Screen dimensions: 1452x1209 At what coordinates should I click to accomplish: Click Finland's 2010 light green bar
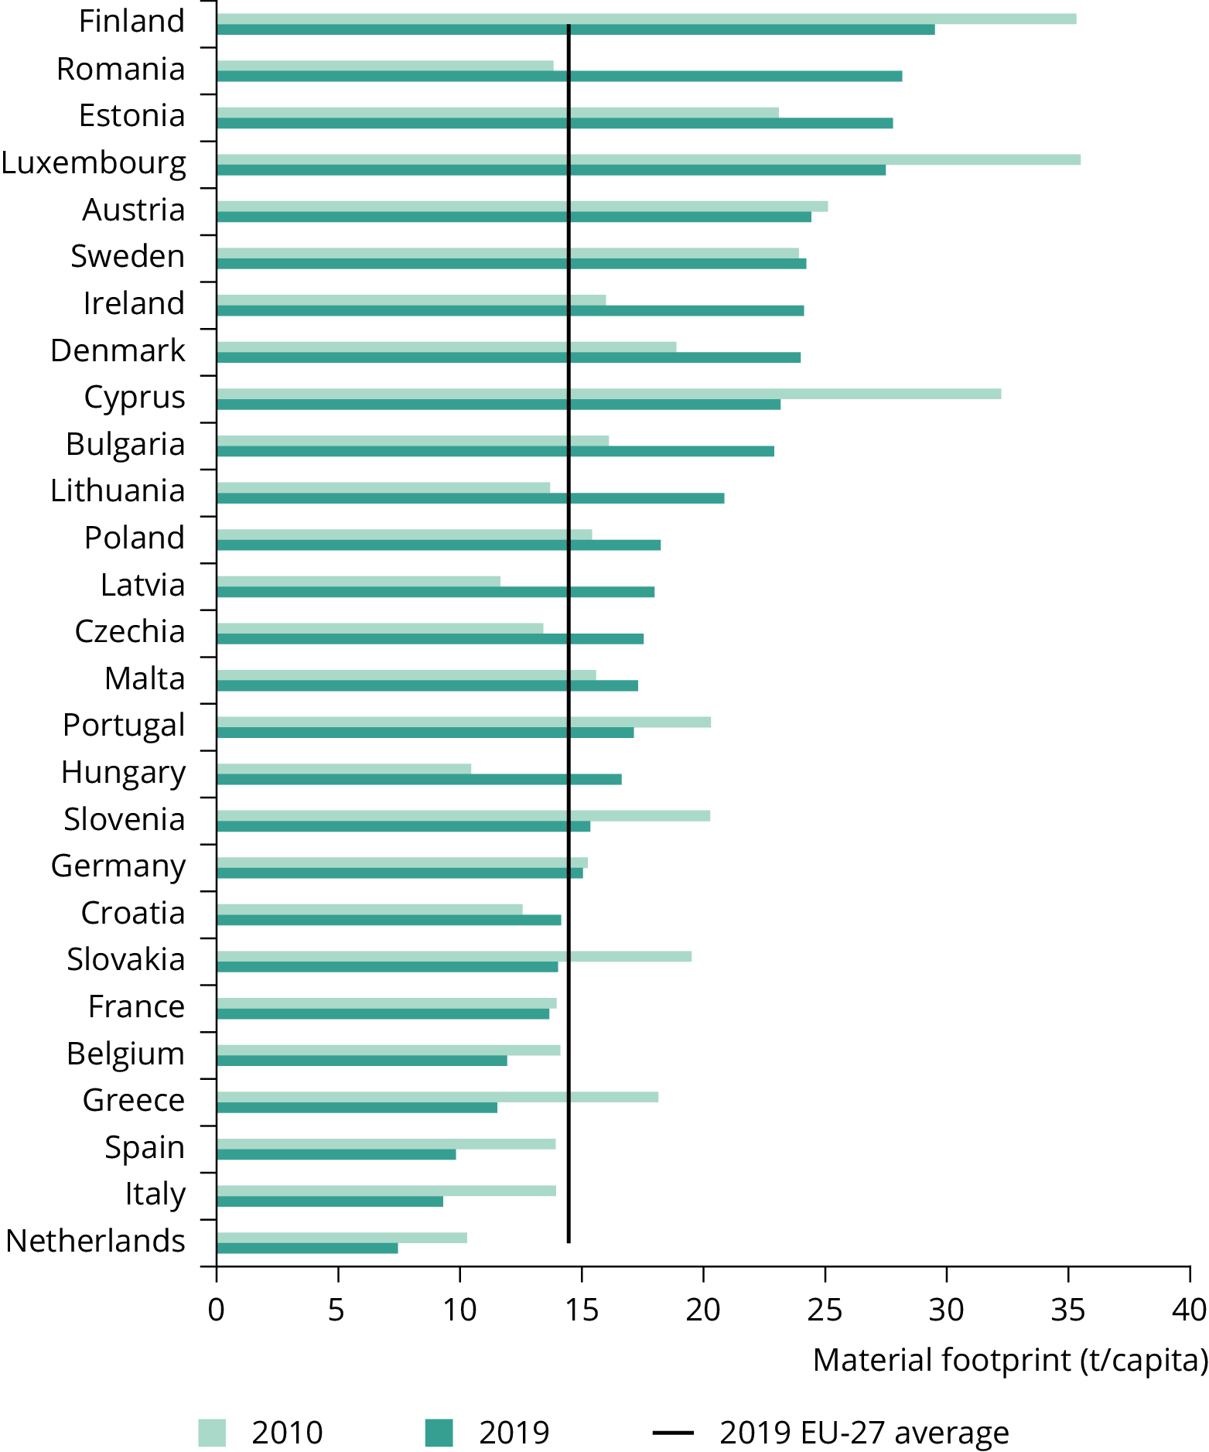point(646,19)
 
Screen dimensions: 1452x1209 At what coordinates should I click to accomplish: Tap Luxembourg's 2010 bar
point(648,159)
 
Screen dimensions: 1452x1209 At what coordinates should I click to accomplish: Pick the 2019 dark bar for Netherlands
point(307,1248)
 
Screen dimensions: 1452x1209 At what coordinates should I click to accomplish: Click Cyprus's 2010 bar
point(608,394)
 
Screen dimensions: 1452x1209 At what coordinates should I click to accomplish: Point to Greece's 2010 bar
point(437,1097)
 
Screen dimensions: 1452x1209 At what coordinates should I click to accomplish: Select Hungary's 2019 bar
point(418,779)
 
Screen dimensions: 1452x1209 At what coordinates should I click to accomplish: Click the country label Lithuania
point(118,490)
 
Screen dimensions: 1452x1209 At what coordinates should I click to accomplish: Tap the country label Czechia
point(130,631)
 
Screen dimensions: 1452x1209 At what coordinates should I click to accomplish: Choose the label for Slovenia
point(124,819)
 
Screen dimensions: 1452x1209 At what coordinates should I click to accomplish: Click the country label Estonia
point(131,116)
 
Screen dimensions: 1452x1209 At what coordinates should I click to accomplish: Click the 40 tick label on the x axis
point(1189,1310)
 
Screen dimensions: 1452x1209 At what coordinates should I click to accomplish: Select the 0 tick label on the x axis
point(217,1310)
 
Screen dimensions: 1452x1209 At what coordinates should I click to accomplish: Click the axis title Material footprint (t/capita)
point(1009,1359)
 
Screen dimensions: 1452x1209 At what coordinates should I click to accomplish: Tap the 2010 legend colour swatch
point(212,1433)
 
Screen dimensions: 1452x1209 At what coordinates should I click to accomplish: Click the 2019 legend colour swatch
point(439,1433)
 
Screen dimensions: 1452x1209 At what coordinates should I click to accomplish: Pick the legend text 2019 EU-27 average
point(864,1433)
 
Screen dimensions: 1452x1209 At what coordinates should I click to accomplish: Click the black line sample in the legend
point(673,1433)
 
